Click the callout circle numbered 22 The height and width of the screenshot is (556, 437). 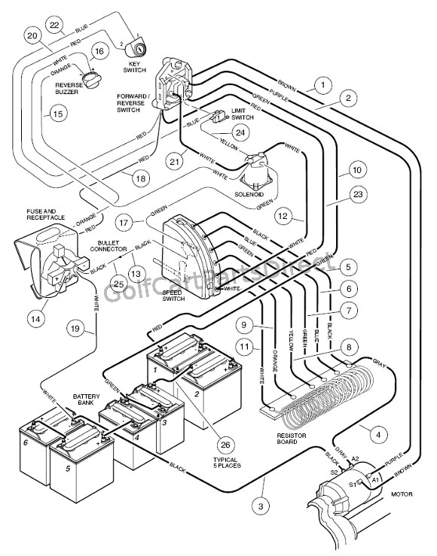(54, 26)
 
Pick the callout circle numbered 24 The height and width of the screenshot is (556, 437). (240, 132)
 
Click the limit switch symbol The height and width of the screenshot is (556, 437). (219, 117)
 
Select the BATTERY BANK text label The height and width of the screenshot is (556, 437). (84, 399)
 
